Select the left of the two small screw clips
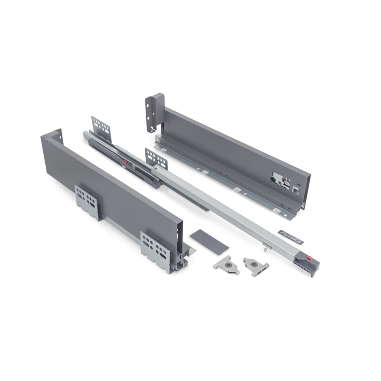226,265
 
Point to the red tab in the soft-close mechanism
125,161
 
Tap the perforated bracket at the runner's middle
156,158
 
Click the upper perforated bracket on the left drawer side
87,202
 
